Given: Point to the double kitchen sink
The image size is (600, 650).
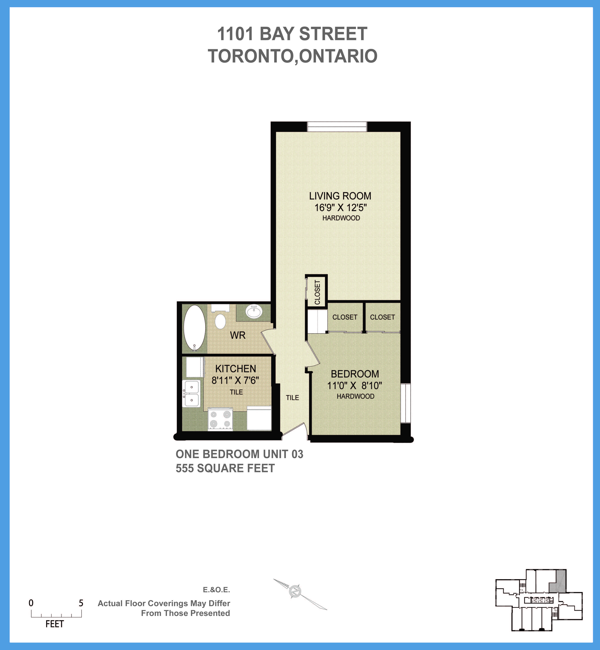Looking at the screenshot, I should (192, 393).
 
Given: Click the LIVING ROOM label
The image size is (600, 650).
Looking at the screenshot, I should (340, 196).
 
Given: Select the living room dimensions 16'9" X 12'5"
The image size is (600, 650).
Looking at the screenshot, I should (340, 207).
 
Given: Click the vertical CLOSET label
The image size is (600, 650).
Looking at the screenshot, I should (317, 292).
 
